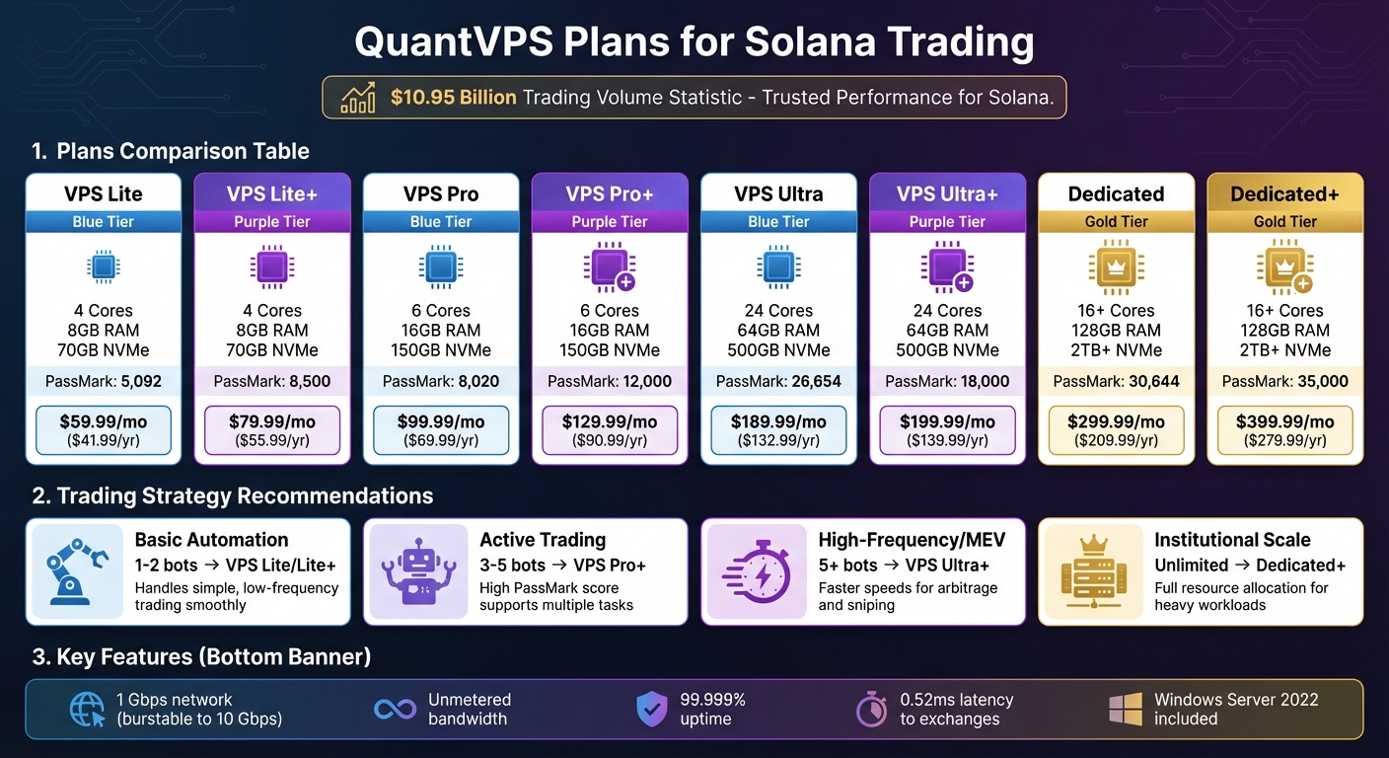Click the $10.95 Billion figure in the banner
click(453, 98)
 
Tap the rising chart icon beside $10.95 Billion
click(357, 98)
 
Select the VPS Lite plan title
click(104, 193)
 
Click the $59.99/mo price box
click(104, 430)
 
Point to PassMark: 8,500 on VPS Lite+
click(272, 381)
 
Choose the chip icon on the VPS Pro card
click(441, 266)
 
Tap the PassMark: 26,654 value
click(778, 381)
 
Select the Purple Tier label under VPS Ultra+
click(947, 222)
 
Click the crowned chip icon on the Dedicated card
click(1116, 266)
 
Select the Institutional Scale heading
click(1232, 540)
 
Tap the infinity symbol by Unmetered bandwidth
click(396, 709)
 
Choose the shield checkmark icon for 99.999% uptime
click(652, 709)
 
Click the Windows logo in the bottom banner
click(1126, 709)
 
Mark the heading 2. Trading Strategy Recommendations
click(233, 495)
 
